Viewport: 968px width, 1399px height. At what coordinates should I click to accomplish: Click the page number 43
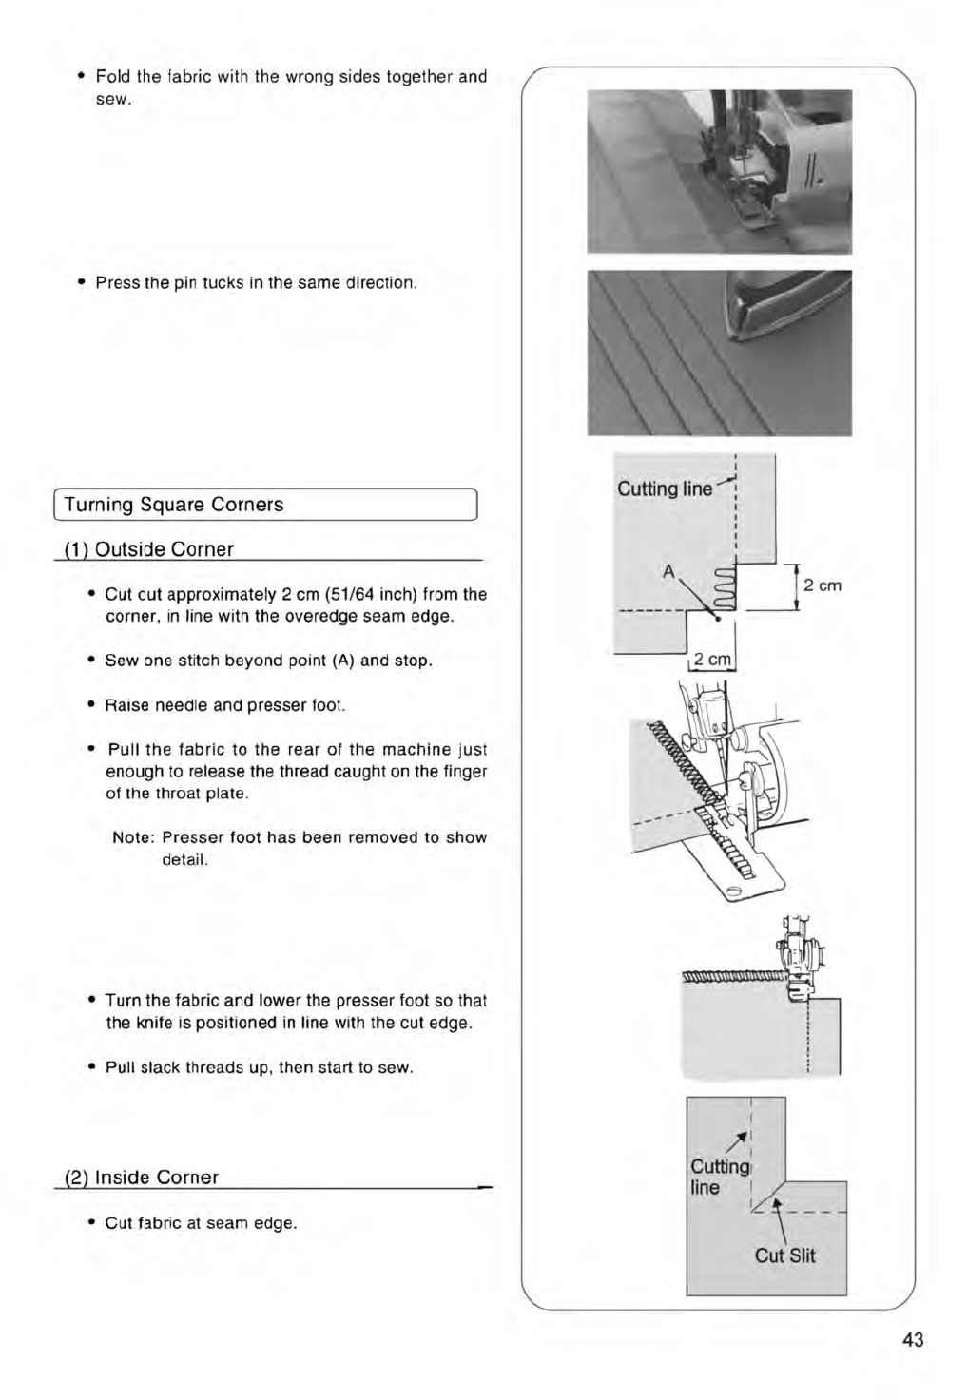pyautogui.click(x=913, y=1340)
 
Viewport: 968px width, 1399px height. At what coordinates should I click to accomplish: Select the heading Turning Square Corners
pyautogui.click(x=174, y=505)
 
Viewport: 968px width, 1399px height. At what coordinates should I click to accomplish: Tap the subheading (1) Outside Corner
pyautogui.click(x=148, y=549)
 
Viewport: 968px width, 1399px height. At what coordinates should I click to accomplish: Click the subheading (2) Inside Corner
pyautogui.click(x=141, y=1178)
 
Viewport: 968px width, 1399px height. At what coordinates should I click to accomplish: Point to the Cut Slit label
pyautogui.click(x=784, y=1255)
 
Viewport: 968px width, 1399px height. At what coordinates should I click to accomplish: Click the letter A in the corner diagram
pyautogui.click(x=668, y=572)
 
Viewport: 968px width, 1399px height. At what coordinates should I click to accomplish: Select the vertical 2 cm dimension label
pyautogui.click(x=823, y=585)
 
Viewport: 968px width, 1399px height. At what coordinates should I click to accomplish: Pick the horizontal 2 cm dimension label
pyautogui.click(x=712, y=660)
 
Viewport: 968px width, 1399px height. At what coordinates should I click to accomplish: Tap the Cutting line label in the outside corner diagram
pyautogui.click(x=665, y=489)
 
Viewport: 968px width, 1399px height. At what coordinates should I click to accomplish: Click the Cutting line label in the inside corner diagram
pyautogui.click(x=719, y=1177)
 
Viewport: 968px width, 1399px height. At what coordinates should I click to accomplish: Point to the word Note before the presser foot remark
pyautogui.click(x=132, y=837)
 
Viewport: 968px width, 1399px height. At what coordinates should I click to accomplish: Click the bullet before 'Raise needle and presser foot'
pyautogui.click(x=89, y=705)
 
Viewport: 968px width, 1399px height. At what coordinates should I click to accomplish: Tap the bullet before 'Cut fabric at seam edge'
pyautogui.click(x=89, y=1223)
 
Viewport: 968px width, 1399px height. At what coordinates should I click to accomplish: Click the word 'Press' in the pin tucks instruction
pyautogui.click(x=118, y=283)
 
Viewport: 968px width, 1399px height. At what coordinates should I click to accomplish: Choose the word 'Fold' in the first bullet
pyautogui.click(x=113, y=76)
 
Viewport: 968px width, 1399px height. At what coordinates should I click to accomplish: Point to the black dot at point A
pyautogui.click(x=718, y=618)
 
